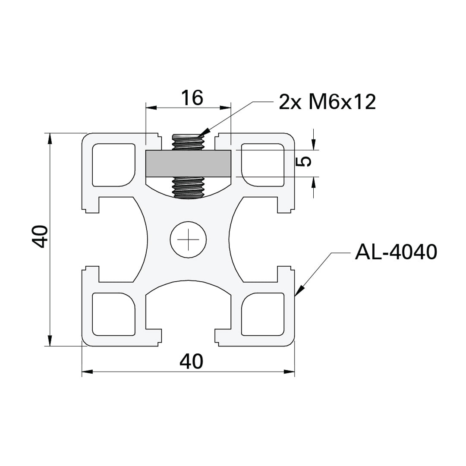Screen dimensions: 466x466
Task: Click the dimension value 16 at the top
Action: [192, 98]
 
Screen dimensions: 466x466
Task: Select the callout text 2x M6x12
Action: [327, 102]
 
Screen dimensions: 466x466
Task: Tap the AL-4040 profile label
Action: [396, 252]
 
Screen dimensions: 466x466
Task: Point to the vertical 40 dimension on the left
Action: [40, 236]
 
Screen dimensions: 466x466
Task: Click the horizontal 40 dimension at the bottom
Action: [191, 362]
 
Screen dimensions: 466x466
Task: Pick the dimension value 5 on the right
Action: [305, 162]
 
